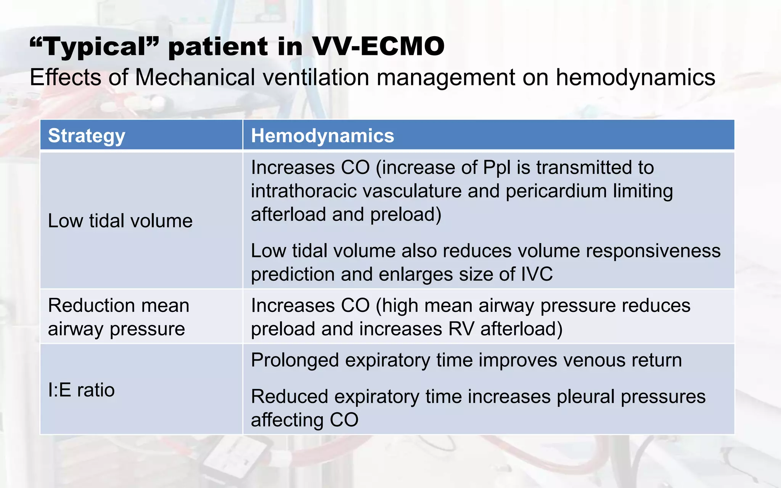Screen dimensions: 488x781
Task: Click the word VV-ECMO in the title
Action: pyautogui.click(x=378, y=47)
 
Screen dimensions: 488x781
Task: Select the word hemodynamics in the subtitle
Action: pyautogui.click(x=635, y=77)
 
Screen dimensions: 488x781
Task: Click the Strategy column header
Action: pyautogui.click(x=87, y=136)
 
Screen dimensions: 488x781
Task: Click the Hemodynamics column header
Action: pyautogui.click(x=322, y=136)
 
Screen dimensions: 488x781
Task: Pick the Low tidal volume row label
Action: pyautogui.click(x=120, y=221)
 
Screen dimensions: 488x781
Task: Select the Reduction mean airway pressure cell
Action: pyautogui.click(x=118, y=317)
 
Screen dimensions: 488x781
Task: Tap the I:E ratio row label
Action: pyautogui.click(x=81, y=390)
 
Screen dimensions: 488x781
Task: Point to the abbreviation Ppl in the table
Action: pyautogui.click(x=497, y=167)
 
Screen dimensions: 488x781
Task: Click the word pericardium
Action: pyautogui.click(x=556, y=191)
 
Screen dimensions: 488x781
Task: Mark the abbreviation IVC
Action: pyautogui.click(x=537, y=274)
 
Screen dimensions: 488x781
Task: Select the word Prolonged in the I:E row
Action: pyautogui.click(x=295, y=360)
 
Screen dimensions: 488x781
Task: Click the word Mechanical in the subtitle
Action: pyautogui.click(x=194, y=77)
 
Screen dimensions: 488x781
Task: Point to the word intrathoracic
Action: pyautogui.click(x=304, y=191)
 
